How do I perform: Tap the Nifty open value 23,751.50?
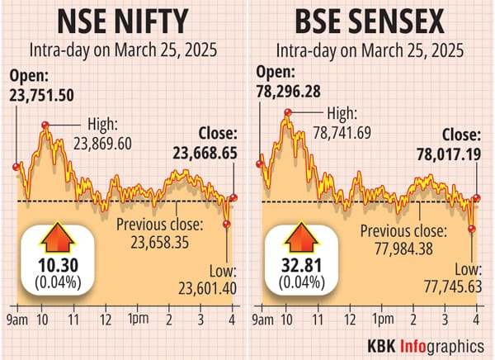point(42,96)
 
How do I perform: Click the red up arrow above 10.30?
point(55,238)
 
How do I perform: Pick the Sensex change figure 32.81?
point(302,267)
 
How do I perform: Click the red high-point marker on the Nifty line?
point(45,125)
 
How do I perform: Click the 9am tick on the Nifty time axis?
point(17,319)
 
